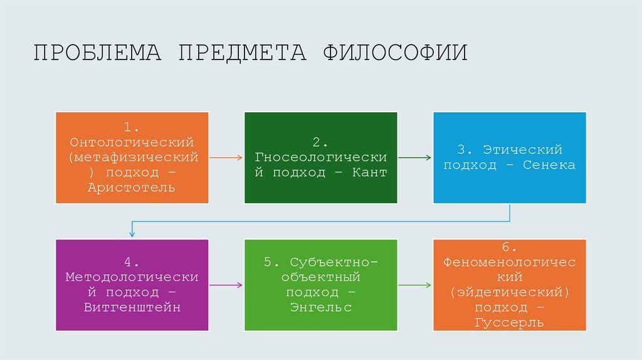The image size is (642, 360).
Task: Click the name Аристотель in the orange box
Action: (x=132, y=188)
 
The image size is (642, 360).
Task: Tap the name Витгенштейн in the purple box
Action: (x=132, y=307)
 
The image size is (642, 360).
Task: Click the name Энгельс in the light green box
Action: (x=320, y=307)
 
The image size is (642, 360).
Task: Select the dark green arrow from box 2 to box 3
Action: (x=414, y=157)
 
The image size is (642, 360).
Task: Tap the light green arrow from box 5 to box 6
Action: (x=414, y=285)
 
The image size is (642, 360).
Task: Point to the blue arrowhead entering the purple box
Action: (x=132, y=233)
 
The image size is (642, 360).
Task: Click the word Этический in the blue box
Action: (x=523, y=151)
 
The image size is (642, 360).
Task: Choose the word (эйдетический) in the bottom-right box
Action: (x=509, y=293)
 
